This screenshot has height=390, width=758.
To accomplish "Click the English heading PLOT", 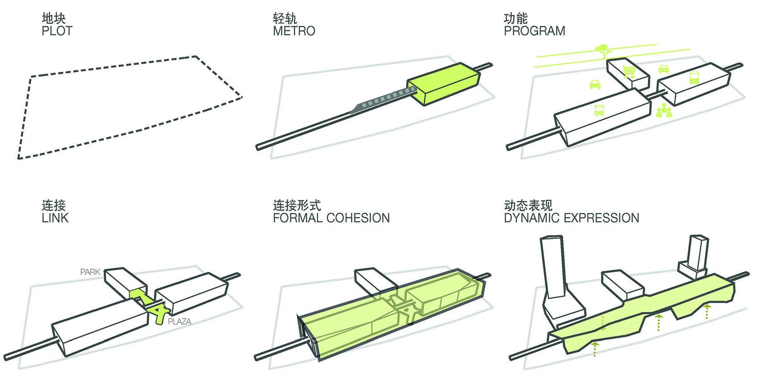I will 57,31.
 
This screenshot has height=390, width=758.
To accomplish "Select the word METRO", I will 294,31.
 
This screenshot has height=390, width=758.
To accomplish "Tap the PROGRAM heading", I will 534,31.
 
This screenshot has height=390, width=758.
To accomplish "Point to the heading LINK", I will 55,218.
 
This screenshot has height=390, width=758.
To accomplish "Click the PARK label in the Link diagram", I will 90,271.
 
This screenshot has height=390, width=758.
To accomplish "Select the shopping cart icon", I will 629,71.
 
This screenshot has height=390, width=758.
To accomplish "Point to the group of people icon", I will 664,110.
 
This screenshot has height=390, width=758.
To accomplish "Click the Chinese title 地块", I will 54,19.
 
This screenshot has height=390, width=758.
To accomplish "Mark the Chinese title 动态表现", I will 528,205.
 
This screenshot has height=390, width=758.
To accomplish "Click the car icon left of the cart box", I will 595,84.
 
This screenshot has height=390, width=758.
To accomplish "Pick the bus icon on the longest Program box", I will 599,110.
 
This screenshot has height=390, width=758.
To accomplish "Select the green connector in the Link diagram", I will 149,303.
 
